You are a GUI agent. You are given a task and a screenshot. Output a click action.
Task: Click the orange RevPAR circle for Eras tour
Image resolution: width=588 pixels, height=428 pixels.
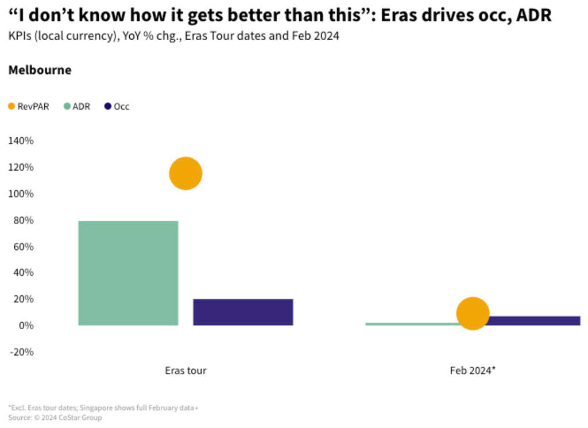click(x=185, y=173)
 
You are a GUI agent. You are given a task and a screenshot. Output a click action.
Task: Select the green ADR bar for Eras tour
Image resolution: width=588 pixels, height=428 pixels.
click(x=128, y=273)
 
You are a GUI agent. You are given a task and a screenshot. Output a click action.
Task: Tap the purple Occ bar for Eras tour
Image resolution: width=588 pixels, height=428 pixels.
click(x=243, y=312)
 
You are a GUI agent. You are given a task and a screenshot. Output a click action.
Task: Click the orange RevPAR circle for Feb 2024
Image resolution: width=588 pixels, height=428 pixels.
click(x=473, y=314)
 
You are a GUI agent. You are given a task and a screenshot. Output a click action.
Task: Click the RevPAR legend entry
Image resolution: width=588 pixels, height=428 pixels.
click(x=29, y=106)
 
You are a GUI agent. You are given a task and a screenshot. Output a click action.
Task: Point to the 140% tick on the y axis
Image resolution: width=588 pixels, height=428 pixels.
click(x=21, y=141)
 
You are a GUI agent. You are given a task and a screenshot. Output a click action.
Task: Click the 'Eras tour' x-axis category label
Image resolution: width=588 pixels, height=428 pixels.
click(x=185, y=371)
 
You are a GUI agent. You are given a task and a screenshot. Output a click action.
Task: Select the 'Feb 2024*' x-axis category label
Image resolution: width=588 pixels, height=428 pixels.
click(x=473, y=371)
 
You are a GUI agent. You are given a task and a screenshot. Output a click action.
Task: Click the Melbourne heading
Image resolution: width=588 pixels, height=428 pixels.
click(x=40, y=70)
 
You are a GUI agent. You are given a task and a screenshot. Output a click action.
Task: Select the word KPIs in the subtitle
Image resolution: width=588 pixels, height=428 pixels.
click(x=19, y=36)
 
